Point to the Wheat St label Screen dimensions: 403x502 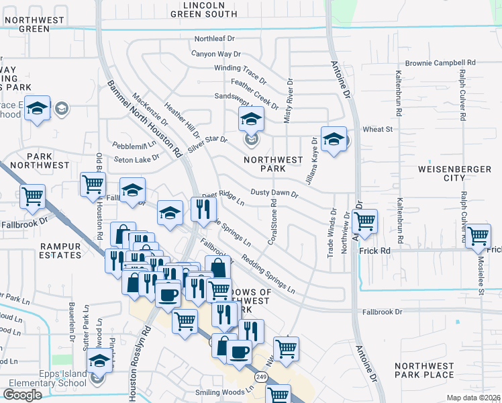coord(377,129)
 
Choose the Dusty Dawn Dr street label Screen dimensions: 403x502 coord(274,193)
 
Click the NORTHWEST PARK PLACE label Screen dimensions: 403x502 coord(424,370)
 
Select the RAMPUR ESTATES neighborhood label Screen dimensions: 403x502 coord(60,251)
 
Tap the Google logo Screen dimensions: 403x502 coord(23,395)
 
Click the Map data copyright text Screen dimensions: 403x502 coord(474,397)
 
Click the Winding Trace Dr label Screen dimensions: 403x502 coord(240,69)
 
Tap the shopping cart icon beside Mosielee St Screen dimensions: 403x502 coord(478,236)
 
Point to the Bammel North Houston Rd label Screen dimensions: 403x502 coord(144,120)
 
